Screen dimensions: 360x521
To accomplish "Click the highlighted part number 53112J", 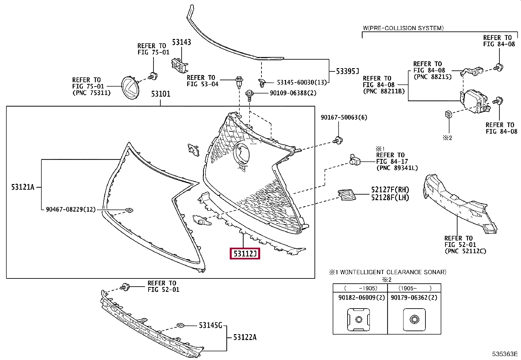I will click(245, 254).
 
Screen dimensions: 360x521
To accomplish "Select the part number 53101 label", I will click(161, 94).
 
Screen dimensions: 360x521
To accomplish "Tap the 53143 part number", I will click(182, 42).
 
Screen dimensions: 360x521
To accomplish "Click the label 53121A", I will click(23, 187).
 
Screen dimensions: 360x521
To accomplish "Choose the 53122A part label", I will click(245, 337).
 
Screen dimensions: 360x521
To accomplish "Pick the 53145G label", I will click(210, 325).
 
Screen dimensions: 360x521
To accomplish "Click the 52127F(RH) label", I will click(390, 190).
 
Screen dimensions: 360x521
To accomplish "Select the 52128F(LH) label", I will click(390, 198).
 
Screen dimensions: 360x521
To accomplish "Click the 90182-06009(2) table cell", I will click(360, 298).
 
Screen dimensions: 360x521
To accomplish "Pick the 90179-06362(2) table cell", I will click(414, 298).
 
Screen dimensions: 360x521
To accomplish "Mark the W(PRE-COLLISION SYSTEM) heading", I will click(403, 28).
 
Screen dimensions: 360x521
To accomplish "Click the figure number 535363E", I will click(505, 354).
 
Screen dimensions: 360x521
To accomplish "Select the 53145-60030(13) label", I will click(302, 83).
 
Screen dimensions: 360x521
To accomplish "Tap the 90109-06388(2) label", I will click(293, 93).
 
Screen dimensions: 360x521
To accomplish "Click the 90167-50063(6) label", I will click(344, 117).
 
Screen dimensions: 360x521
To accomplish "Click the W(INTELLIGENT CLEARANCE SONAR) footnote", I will click(388, 272).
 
